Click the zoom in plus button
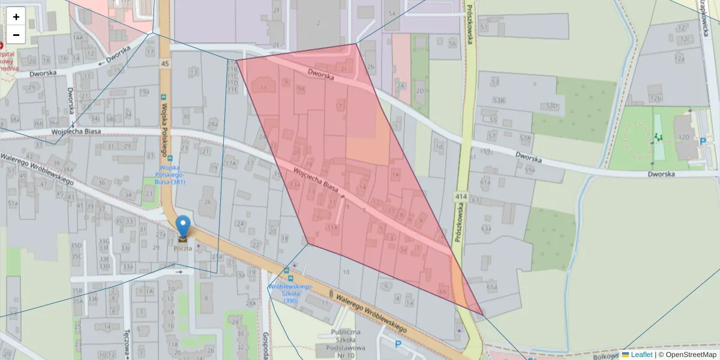(x=16, y=17)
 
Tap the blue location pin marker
(x=182, y=227)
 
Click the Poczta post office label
(x=183, y=248)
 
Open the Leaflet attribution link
(x=641, y=355)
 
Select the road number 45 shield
(x=164, y=64)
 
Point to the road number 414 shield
(x=461, y=197)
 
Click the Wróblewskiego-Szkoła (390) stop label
(x=291, y=293)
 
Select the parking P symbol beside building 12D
(x=703, y=142)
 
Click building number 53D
(x=552, y=106)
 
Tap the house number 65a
(x=492, y=287)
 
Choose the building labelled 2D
(x=420, y=91)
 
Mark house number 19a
(x=143, y=92)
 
